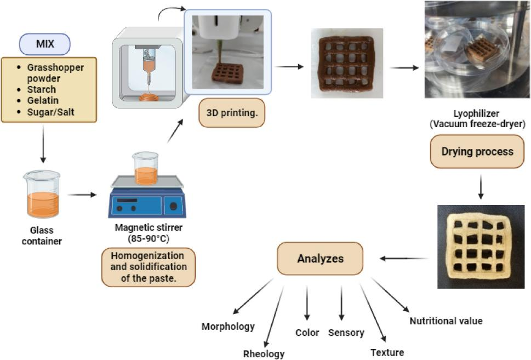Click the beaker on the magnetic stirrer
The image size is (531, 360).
pyautogui.click(x=145, y=169)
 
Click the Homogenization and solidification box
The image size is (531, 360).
pyautogui.click(x=149, y=267)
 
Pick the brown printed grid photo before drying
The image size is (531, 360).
pyautogui.click(x=339, y=64)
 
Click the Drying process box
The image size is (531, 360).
pyautogui.click(x=477, y=151)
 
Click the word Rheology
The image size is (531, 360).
pyautogui.click(x=264, y=353)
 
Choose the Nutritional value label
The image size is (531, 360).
pyautogui.click(x=446, y=321)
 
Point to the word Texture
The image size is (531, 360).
pyautogui.click(x=387, y=352)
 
